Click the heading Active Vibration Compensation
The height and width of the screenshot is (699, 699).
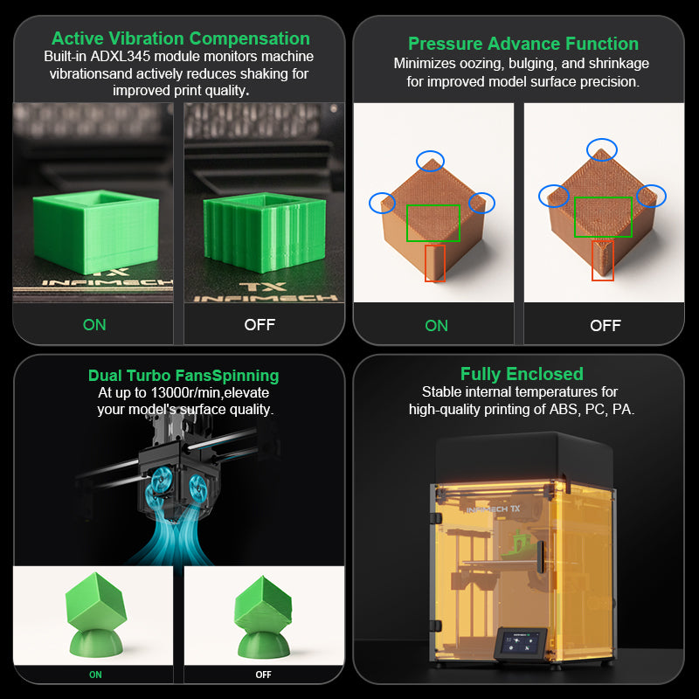[181, 38]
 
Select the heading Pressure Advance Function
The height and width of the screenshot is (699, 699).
[523, 44]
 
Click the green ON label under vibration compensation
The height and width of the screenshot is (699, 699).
[94, 325]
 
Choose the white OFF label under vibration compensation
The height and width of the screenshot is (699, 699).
[260, 325]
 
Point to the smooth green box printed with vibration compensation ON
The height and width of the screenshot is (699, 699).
[96, 231]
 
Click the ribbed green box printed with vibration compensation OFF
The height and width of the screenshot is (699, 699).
[265, 232]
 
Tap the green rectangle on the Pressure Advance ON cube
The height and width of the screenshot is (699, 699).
[433, 223]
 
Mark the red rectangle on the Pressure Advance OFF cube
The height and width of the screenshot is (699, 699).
[603, 260]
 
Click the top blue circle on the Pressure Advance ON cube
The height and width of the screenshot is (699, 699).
[430, 161]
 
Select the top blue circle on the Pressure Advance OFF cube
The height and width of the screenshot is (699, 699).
[602, 149]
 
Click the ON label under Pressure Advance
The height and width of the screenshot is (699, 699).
[436, 326]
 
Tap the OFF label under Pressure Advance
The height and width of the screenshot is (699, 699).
[606, 326]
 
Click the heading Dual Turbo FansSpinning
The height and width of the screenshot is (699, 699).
[183, 376]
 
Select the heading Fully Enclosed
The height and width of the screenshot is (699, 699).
[522, 374]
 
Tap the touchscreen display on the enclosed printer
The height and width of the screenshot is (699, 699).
[521, 643]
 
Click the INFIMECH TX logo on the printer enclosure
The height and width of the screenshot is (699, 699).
[493, 509]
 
